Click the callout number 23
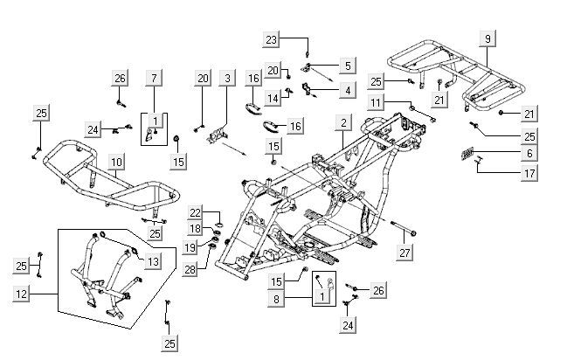272,39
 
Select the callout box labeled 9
488,38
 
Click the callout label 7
155,79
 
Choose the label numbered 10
115,163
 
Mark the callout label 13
152,261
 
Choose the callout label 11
375,103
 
